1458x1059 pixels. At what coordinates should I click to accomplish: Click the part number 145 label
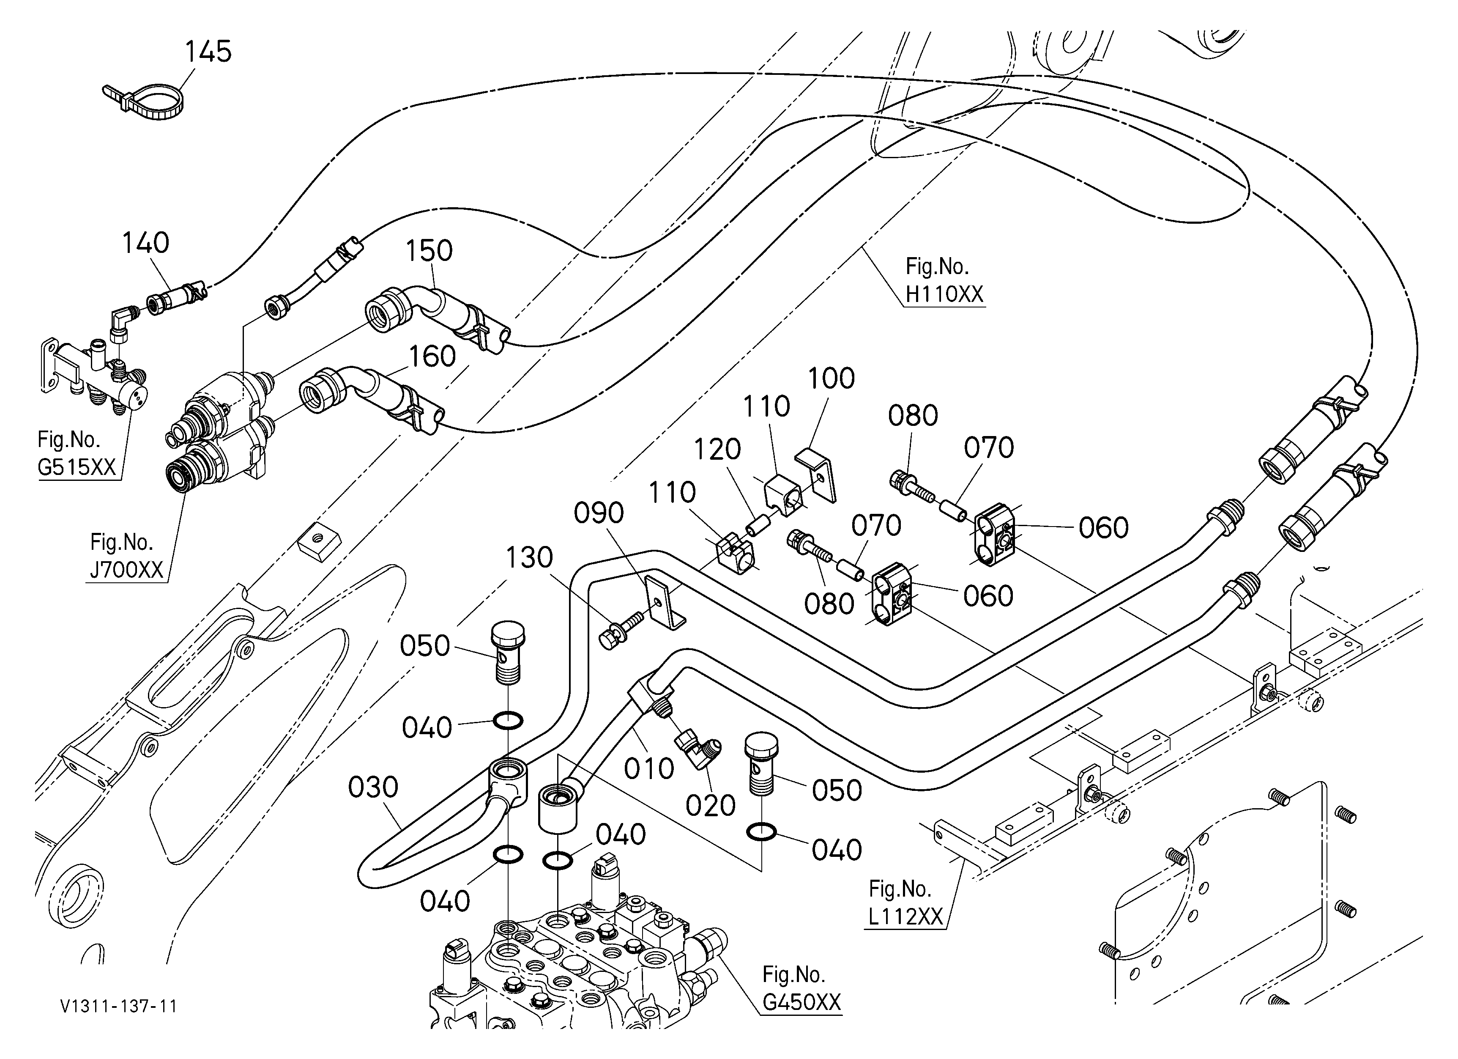tap(208, 52)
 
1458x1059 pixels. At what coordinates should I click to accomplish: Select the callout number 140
tap(146, 243)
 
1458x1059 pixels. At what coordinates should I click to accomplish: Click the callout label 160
tap(432, 356)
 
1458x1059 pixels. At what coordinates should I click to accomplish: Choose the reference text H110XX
tap(944, 294)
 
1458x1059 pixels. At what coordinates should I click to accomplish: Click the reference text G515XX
tap(77, 467)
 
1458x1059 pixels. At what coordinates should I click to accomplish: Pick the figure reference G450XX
tap(801, 1002)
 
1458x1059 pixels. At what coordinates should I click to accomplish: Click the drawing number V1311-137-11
tap(119, 1006)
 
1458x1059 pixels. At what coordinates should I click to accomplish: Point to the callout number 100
tap(831, 378)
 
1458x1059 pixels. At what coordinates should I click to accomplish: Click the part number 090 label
tap(599, 513)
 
